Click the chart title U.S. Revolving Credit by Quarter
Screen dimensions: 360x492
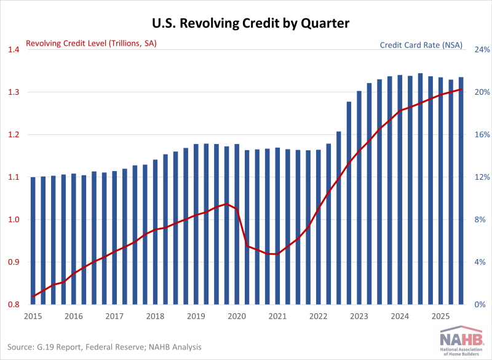[x=246, y=24]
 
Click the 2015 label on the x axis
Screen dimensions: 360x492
[x=33, y=316]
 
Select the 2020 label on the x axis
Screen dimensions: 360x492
[x=236, y=316]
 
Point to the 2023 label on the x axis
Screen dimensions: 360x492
[x=359, y=316]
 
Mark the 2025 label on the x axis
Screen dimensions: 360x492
[x=440, y=316]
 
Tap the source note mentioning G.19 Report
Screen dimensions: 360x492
[x=105, y=347]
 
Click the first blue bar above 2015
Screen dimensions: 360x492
[x=33, y=241]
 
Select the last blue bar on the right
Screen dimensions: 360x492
[x=461, y=191]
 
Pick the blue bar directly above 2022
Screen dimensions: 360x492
[x=319, y=227]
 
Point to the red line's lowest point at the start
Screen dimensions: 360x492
[x=33, y=297]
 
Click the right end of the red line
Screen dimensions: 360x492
[x=461, y=90]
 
